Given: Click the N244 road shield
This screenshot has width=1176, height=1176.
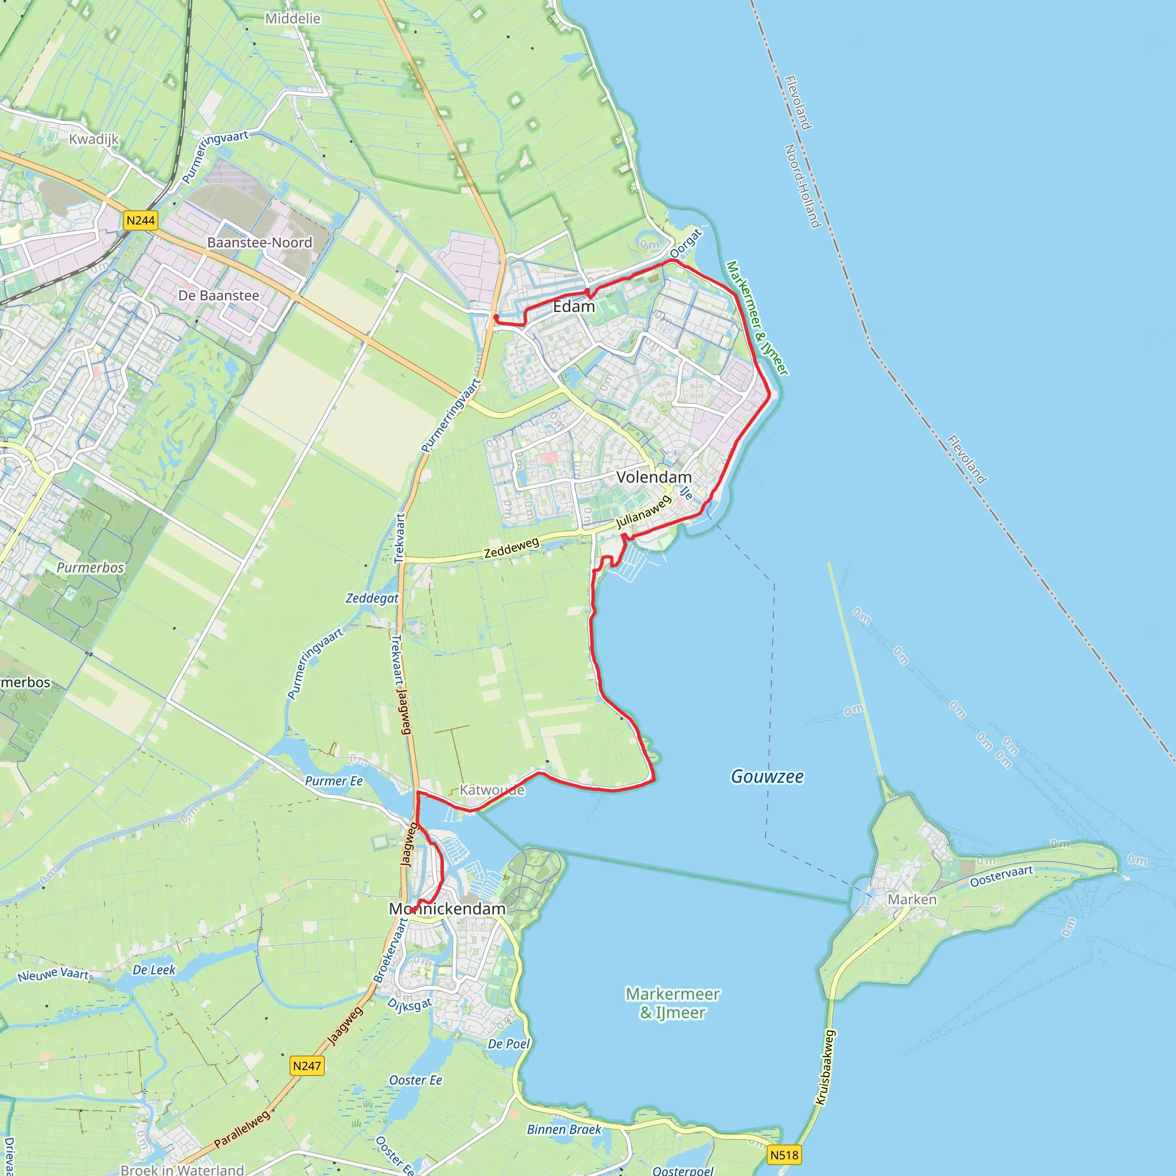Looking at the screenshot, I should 141,220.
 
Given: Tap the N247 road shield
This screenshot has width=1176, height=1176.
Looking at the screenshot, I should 307,1066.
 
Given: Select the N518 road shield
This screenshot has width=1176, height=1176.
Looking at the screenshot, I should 784,1155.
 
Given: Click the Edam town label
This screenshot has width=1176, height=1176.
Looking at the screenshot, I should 574,306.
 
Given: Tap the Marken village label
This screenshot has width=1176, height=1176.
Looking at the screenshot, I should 912,899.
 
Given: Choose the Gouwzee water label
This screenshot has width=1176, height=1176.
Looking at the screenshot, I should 767,776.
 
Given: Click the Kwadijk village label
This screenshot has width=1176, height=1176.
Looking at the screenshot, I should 94,139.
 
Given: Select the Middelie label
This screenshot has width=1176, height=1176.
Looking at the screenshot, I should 292,18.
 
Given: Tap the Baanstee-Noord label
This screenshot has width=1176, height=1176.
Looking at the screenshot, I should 260,242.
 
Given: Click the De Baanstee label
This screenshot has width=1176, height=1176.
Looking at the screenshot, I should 219,295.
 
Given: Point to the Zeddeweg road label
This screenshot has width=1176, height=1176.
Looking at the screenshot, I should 511,547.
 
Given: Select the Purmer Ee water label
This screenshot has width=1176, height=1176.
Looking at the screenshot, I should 334,781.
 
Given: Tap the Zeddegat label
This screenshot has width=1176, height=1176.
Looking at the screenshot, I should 372,598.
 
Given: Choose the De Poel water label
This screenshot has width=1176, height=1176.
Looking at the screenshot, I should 509,1044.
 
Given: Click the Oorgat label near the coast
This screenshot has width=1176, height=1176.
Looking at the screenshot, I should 686,243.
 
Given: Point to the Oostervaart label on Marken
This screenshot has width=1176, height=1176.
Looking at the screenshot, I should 1001,876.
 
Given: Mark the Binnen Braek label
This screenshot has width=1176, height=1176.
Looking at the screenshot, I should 564,1129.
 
